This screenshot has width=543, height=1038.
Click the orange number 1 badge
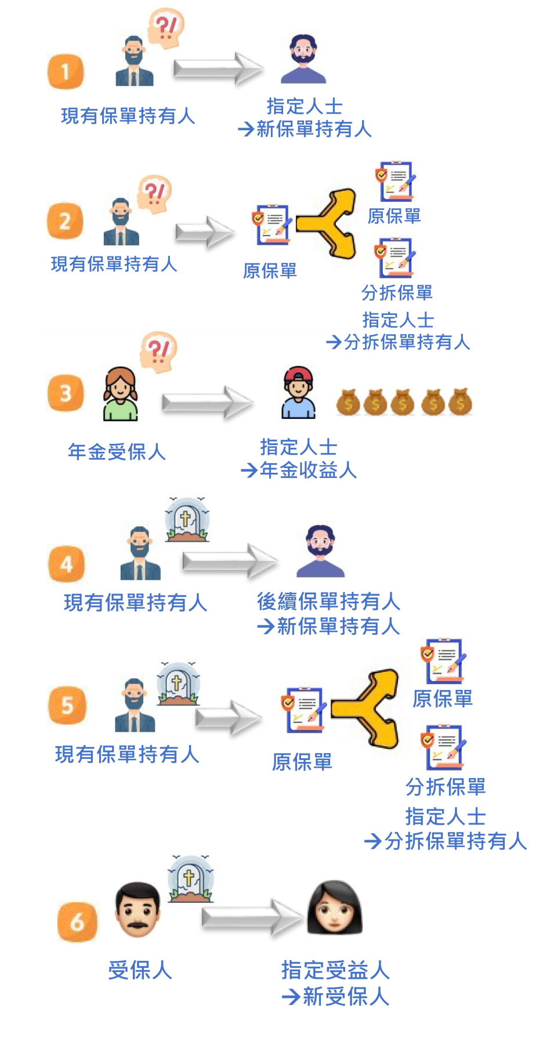pos(66,72)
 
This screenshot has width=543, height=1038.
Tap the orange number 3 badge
pos(66,393)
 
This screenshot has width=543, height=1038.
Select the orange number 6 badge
pos(78,921)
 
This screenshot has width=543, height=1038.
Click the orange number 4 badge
pos(67,564)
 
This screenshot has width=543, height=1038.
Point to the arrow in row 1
pos(219,67)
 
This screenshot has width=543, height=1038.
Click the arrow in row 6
pos(252,917)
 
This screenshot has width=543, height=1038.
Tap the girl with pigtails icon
pos(121,394)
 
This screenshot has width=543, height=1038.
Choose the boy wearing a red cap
pos(298,393)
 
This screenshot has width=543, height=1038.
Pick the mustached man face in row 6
pos(137,910)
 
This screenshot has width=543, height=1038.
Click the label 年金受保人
pos(117,452)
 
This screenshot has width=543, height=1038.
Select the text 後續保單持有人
pos(328,602)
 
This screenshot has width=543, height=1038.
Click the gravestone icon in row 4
pos(186,519)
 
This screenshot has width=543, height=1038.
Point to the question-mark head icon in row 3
pos(158,353)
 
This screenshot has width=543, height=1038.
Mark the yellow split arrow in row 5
pos(367,709)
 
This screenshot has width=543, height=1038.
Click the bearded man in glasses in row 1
pos(304,57)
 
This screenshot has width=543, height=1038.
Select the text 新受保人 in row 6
pos(346,997)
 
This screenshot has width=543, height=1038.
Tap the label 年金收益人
pos(308,471)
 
